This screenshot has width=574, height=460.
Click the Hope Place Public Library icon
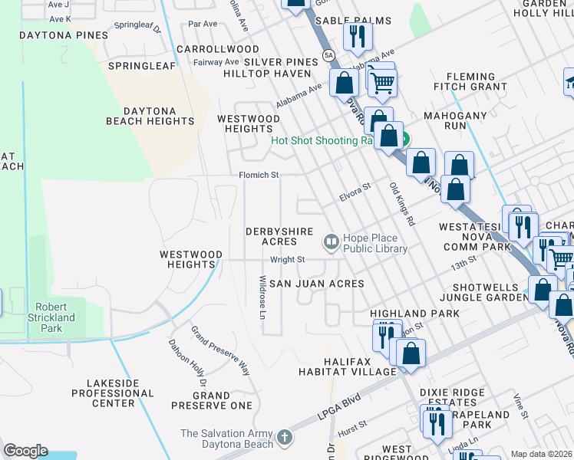coord(332,242)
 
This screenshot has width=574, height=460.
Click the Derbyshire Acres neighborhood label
coord(270,236)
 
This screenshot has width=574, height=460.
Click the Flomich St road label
coord(258,175)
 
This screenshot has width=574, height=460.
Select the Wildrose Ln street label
coord(263,298)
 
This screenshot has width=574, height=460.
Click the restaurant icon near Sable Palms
coord(358,37)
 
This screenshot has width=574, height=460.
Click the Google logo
coord(25,451)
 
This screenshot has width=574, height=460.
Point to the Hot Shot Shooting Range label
coord(325,140)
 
